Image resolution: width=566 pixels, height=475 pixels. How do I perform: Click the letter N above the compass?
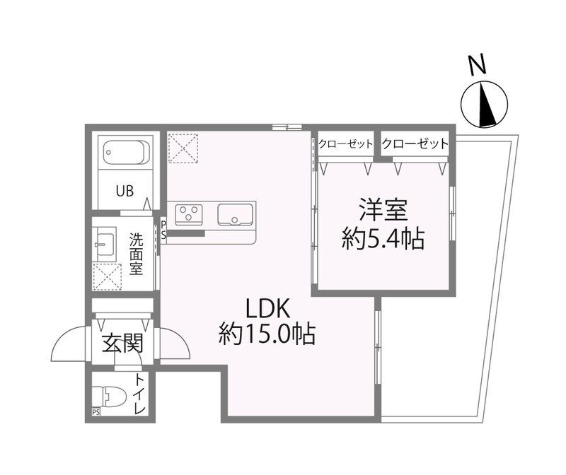click(x=476, y=65)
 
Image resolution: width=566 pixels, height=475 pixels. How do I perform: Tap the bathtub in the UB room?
click(x=127, y=152)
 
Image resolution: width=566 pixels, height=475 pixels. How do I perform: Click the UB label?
click(x=125, y=191)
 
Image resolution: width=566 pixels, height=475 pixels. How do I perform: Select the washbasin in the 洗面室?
click(x=104, y=244)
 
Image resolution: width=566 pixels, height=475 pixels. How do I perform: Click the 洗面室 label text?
click(x=137, y=254)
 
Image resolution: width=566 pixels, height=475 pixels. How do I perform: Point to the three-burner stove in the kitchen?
click(x=189, y=213)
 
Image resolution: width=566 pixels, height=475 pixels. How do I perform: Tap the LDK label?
click(x=267, y=309)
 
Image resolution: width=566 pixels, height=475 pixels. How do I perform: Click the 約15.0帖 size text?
click(x=267, y=334)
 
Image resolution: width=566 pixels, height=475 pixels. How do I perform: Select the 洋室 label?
click(x=383, y=210)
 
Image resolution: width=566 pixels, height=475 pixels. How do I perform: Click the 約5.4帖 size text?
click(x=383, y=238)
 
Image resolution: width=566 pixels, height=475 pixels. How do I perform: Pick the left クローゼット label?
click(x=345, y=144)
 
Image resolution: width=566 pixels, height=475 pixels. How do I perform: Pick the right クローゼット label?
click(x=415, y=144)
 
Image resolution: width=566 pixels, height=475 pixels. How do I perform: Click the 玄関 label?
click(x=122, y=343)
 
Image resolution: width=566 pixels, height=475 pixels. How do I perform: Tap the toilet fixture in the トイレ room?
click(x=109, y=397)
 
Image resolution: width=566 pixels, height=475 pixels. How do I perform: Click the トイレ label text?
click(x=139, y=394)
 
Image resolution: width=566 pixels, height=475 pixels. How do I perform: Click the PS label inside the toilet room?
click(x=96, y=412)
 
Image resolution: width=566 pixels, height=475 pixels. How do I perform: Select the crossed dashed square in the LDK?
click(x=183, y=148)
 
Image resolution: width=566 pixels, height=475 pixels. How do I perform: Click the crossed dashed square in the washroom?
click(x=108, y=277)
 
